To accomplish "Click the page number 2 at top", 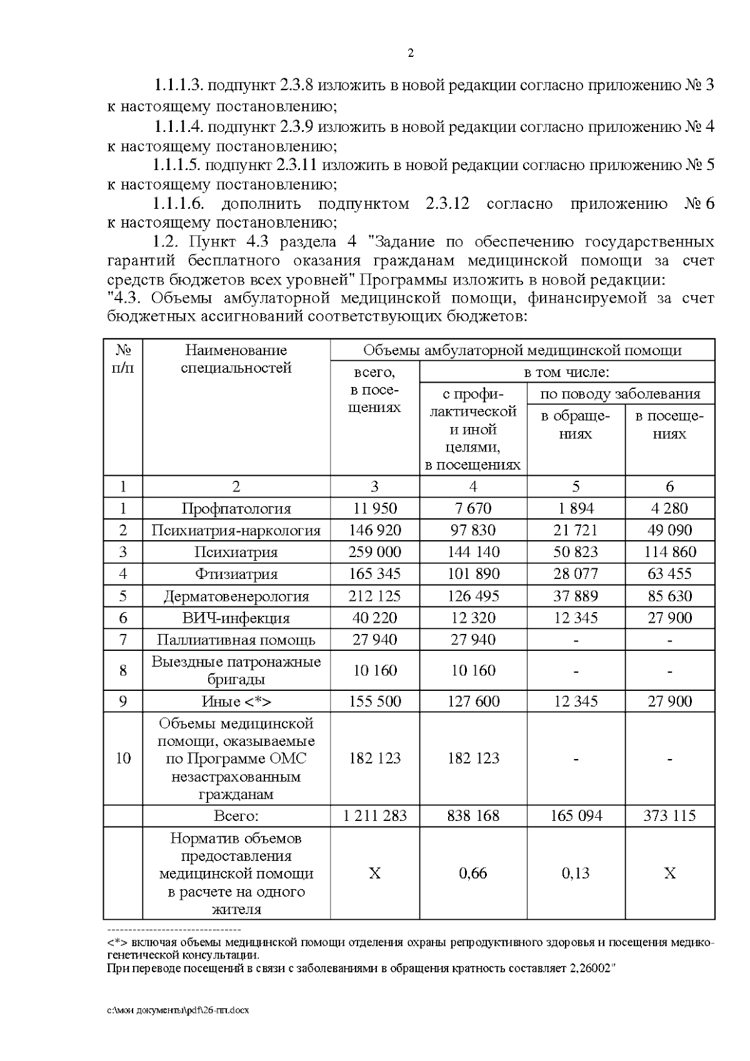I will coord(411,54).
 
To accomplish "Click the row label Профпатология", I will coord(236,509).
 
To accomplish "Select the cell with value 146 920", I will coord(374,531).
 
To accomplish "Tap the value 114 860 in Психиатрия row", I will coord(669,552).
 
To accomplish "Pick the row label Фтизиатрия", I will coord(236,574).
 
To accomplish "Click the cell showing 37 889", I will coord(575,596).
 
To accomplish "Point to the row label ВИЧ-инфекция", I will coord(236,618).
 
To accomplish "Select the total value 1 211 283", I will coord(374,816).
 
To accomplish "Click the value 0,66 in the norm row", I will coord(472,873).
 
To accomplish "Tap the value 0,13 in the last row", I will coord(575,873).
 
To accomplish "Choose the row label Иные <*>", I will coord(236,701).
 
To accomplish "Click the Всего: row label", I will coord(236,816).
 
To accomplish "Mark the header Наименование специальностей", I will coord(236,359).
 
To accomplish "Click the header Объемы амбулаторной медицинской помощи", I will coord(522,350).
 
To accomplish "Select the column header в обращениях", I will coord(575,425).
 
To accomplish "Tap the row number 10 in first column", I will coord(123,758).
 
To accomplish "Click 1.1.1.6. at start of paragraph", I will coord(179,204).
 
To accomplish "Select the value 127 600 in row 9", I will coord(472,701).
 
